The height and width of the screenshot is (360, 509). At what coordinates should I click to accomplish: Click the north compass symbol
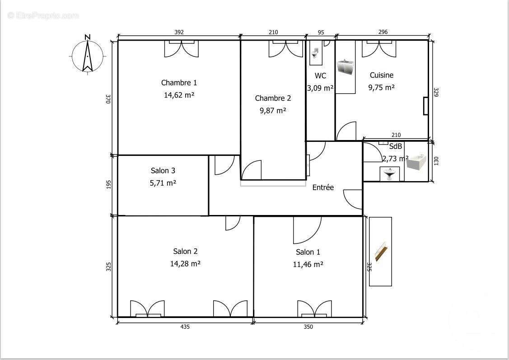pos(88,56)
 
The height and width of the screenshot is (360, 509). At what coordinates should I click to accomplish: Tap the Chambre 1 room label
pos(179,83)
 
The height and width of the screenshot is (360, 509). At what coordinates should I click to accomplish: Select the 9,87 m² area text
pos(273,110)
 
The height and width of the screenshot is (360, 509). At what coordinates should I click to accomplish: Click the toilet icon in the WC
pos(315,53)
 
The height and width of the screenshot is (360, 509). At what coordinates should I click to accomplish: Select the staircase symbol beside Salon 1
pos(381,251)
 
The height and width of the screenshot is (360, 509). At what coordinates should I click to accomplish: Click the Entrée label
pos(323,187)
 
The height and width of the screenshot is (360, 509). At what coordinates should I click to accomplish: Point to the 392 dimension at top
pos(179,32)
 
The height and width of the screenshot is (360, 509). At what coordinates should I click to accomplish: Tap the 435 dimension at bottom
pos(185,327)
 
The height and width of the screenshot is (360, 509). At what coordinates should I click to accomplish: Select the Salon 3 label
pos(163,171)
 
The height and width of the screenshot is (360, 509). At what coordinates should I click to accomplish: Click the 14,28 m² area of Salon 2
pos(185,263)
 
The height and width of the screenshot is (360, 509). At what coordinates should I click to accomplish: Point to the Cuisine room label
pos(381,75)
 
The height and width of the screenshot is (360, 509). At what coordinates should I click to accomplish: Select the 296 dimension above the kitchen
pos(383,32)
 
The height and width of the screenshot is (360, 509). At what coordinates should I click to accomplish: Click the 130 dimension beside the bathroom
pos(436,161)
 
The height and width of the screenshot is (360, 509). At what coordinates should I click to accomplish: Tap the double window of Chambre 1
pos(182,48)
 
